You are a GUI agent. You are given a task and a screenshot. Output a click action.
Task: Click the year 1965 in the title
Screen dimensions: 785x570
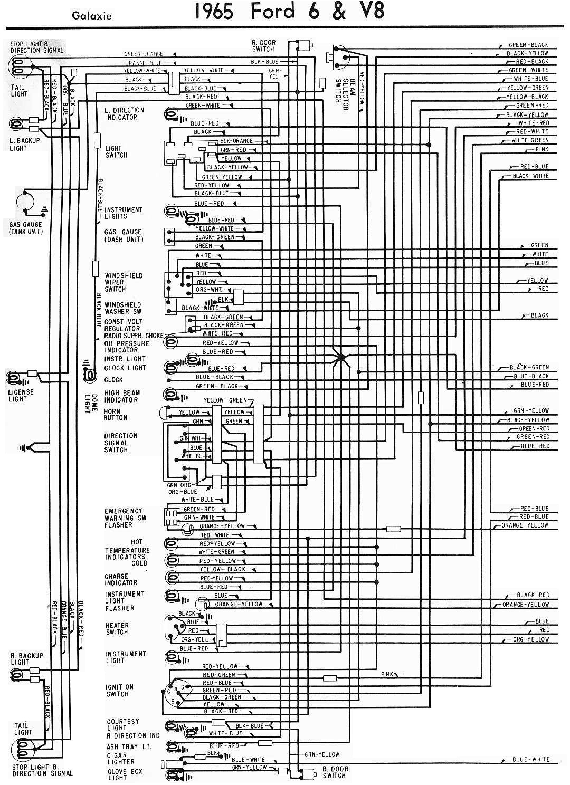click(214, 12)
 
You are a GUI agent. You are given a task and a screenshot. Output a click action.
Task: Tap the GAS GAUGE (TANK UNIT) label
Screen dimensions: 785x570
click(26, 228)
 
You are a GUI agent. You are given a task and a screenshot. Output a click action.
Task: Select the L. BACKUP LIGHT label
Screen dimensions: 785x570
click(24, 145)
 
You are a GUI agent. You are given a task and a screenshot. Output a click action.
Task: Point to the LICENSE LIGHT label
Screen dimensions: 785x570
click(21, 396)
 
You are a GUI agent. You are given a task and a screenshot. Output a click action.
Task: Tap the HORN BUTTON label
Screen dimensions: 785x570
click(116, 415)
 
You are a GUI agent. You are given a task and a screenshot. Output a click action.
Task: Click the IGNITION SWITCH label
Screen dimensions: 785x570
click(119, 691)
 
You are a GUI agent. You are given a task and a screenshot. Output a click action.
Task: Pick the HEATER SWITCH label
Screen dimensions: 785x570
click(117, 628)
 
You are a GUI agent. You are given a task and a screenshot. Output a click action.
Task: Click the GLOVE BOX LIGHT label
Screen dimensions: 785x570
click(117, 774)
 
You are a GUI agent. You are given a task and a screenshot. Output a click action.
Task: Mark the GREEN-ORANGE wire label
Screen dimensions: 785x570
click(144, 54)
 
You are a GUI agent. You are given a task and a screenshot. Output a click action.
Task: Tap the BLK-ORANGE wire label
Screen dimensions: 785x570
click(236, 141)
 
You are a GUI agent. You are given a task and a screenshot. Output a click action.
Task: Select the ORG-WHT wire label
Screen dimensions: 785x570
click(208, 290)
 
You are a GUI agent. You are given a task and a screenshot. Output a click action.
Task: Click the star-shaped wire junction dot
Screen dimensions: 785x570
click(341, 358)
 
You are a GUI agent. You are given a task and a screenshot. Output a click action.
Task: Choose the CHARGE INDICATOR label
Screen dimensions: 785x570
click(120, 579)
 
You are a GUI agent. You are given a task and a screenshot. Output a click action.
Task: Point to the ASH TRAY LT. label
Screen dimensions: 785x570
click(122, 746)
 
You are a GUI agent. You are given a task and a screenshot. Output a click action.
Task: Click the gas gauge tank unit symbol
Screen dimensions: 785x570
click(25, 204)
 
